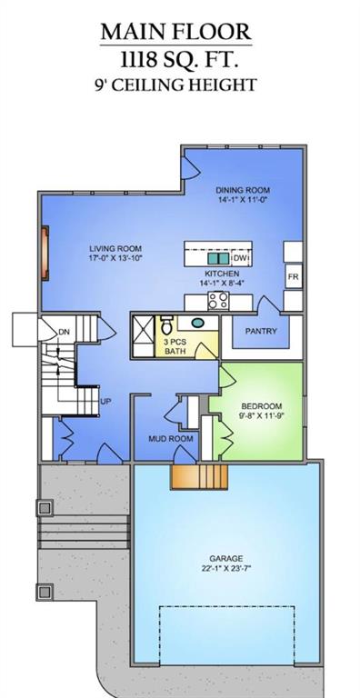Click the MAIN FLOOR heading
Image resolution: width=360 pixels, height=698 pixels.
[176, 32]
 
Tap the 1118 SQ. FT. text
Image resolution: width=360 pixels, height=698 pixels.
[179, 60]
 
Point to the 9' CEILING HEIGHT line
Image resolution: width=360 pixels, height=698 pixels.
[175, 85]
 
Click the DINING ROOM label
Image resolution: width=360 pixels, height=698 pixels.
[243, 190]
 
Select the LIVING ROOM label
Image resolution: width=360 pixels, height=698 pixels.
[115, 248]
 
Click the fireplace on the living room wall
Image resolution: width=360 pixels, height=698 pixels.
[45, 254]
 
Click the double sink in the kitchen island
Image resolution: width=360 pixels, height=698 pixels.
[218, 259]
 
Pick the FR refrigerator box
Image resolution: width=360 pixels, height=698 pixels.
[293, 277]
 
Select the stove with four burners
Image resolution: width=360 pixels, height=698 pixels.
[218, 301]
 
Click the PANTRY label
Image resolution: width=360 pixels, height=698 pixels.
[261, 331]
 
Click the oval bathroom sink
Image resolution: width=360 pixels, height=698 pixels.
[198, 323]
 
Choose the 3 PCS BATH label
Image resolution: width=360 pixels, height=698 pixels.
[175, 347]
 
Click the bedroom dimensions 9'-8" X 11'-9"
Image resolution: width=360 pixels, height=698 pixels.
[262, 416]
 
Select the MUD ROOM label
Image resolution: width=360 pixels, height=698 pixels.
[171, 439]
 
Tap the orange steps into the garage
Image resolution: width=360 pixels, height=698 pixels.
[199, 477]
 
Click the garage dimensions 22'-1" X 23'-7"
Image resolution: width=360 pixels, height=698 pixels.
[226, 568]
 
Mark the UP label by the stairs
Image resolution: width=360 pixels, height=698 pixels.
[106, 402]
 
